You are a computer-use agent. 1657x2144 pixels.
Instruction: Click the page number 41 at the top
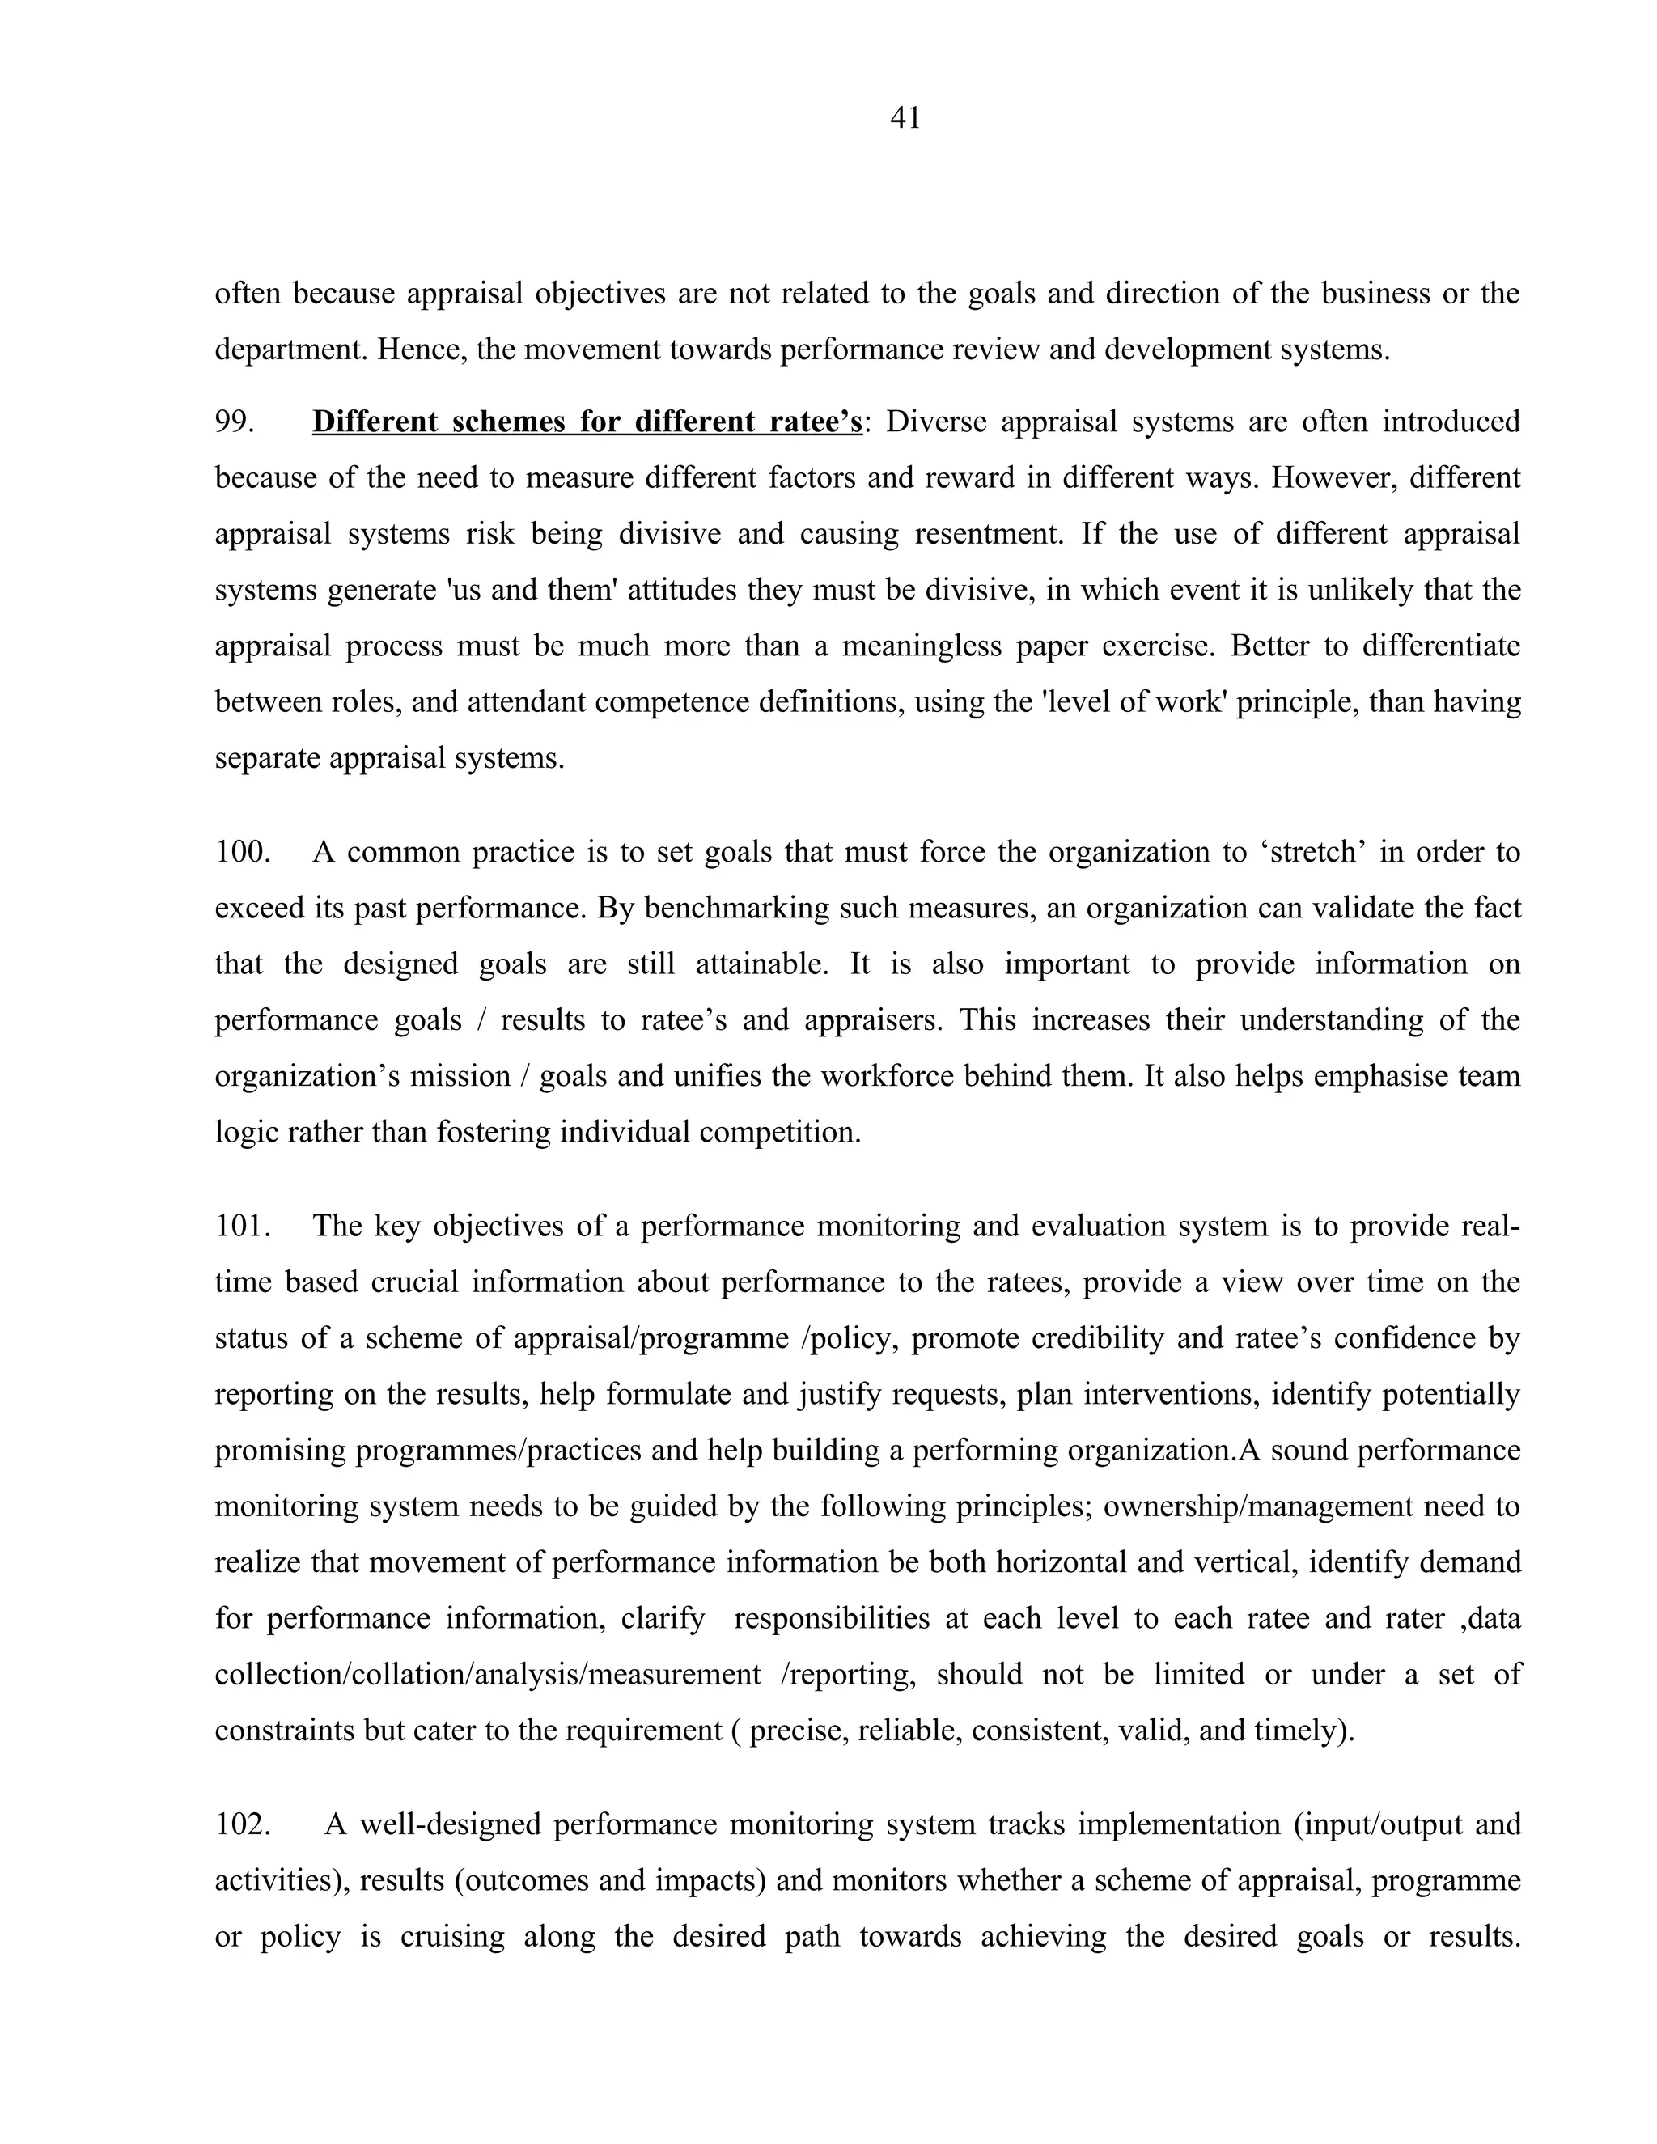pyautogui.click(x=905, y=119)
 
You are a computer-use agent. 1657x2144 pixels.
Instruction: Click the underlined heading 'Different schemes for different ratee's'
pyautogui.click(x=587, y=422)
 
